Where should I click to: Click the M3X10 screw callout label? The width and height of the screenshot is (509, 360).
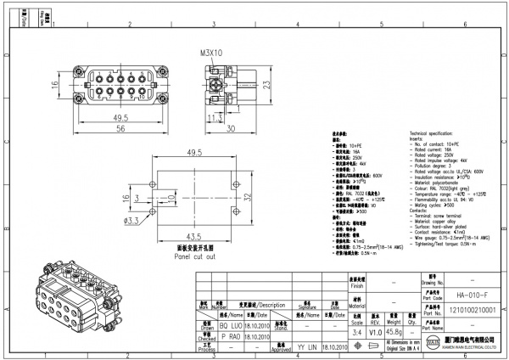pyautogui.click(x=211, y=53)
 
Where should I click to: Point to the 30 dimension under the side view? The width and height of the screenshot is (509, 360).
pyautogui.click(x=231, y=128)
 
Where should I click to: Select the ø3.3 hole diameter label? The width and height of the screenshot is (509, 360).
pyautogui.click(x=132, y=221)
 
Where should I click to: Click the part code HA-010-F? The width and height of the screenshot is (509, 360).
pyautogui.click(x=465, y=295)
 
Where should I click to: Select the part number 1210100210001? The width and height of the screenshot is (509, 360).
pyautogui.click(x=465, y=312)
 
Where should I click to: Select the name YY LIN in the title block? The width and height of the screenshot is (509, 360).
pyautogui.click(x=306, y=347)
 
